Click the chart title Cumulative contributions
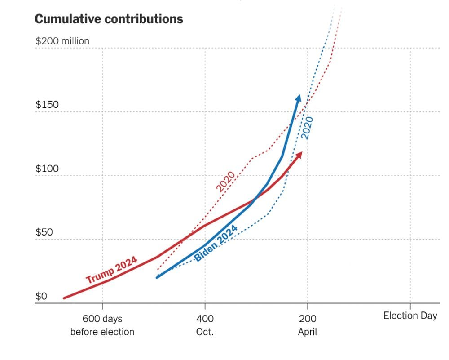point(109,19)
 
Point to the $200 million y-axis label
point(62,41)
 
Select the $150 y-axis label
point(47,105)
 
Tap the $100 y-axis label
point(47,169)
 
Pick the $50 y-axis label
point(45,233)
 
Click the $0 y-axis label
point(42,297)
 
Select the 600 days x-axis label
point(102,319)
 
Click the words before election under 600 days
point(102,332)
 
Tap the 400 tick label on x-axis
point(205,319)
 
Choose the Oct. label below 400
point(205,332)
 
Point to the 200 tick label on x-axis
point(308,319)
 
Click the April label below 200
point(308,332)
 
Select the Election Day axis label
point(410,316)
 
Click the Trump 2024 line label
point(111,270)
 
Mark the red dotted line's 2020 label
point(226,181)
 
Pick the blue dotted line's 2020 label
point(308,127)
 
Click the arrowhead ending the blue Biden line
point(298,98)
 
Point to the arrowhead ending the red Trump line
point(299,155)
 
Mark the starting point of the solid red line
point(64,298)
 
